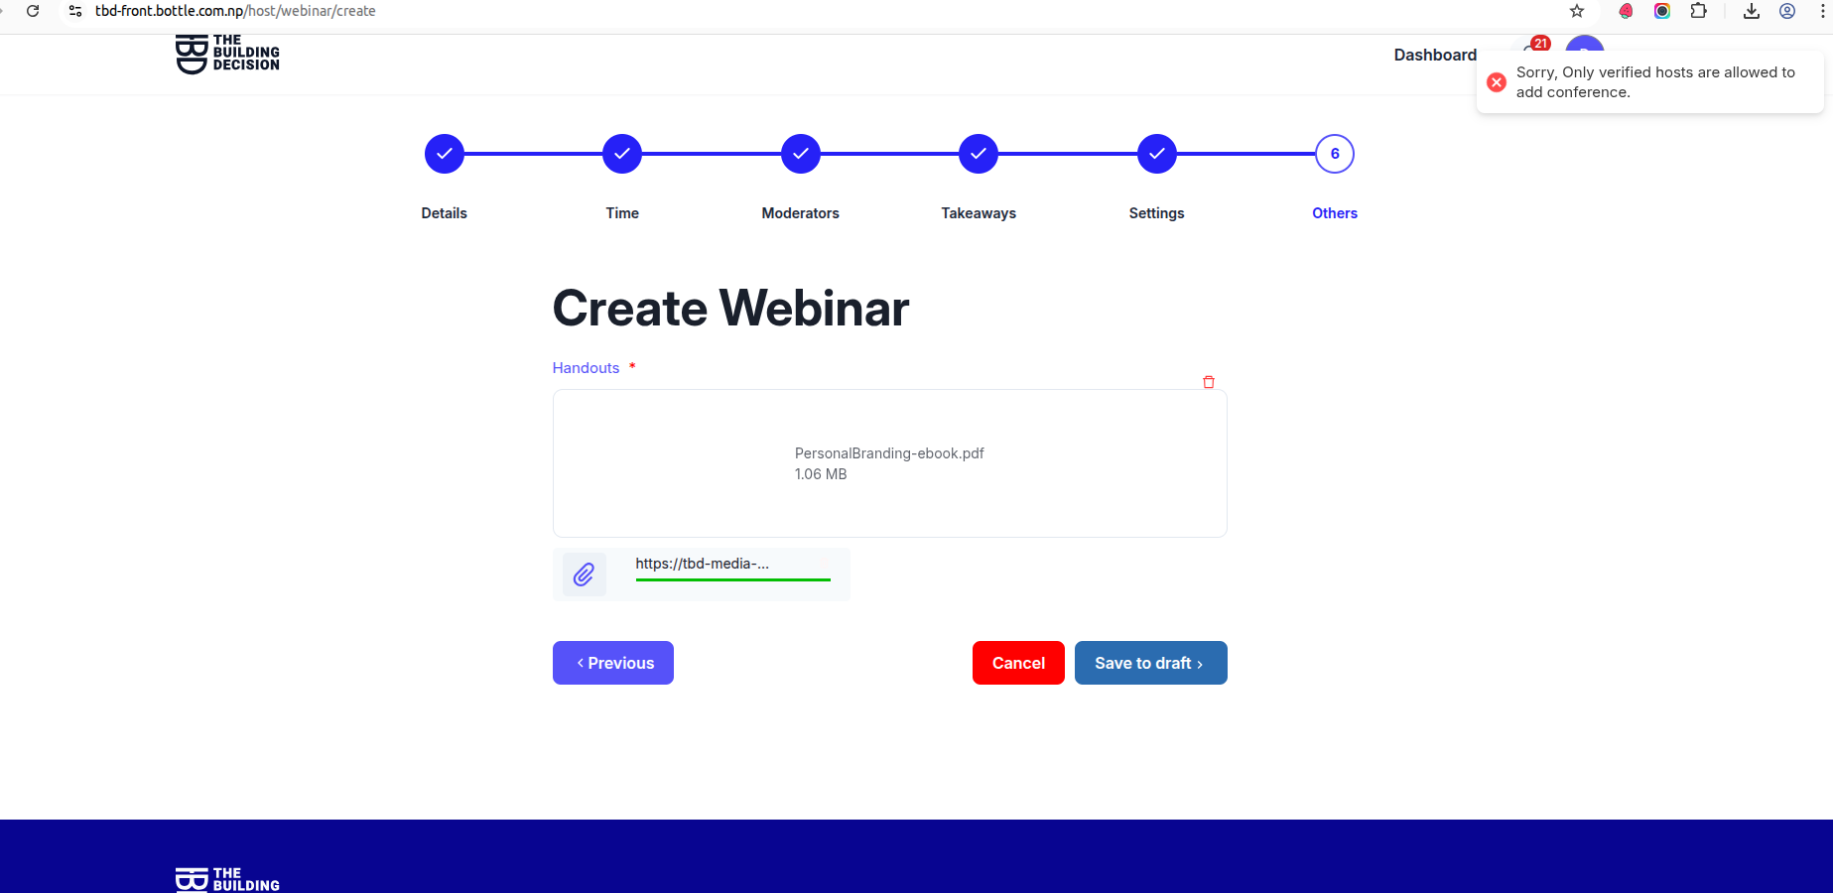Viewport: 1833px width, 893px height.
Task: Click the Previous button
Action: pyautogui.click(x=613, y=663)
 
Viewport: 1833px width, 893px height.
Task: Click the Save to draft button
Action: pyautogui.click(x=1151, y=663)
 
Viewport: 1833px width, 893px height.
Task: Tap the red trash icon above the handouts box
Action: pyautogui.click(x=1209, y=382)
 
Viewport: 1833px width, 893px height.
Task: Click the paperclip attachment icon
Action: pyautogui.click(x=584, y=574)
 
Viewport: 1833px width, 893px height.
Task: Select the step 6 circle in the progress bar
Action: pyautogui.click(x=1335, y=154)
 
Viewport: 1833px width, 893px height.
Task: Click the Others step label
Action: pyautogui.click(x=1335, y=213)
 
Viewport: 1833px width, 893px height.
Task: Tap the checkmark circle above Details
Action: pyautogui.click(x=445, y=154)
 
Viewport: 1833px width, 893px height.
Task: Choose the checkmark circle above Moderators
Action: pyautogui.click(x=801, y=154)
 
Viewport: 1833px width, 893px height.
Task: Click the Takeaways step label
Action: pyautogui.click(x=979, y=213)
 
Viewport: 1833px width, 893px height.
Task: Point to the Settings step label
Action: pyautogui.click(x=1157, y=213)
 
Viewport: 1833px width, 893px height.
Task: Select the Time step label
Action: pyautogui.click(x=622, y=213)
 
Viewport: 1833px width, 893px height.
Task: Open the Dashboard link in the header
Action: pyautogui.click(x=1435, y=55)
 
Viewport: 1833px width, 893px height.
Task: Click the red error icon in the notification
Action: pyautogui.click(x=1497, y=82)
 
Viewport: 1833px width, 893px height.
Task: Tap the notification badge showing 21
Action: pyautogui.click(x=1540, y=43)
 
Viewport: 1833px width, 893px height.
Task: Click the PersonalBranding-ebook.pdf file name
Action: pyautogui.click(x=889, y=453)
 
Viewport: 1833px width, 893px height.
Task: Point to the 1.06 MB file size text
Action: pyautogui.click(x=821, y=474)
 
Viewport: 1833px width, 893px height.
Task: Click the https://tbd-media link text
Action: pyautogui.click(x=703, y=564)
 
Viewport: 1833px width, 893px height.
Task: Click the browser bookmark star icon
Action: pyautogui.click(x=1577, y=11)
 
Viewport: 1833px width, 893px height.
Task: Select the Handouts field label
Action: pyautogui.click(x=586, y=368)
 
